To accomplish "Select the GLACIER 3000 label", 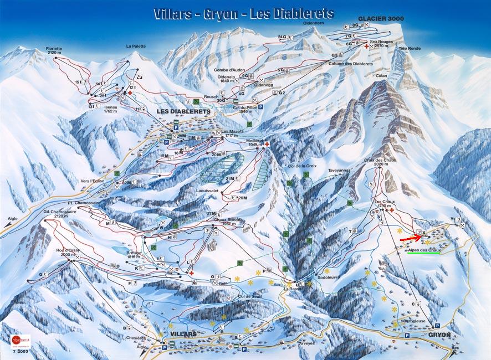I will point(381,19).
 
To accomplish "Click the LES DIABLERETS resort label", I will point(183,111).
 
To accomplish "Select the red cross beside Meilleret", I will point(267,145).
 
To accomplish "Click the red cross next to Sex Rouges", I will point(366,47).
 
